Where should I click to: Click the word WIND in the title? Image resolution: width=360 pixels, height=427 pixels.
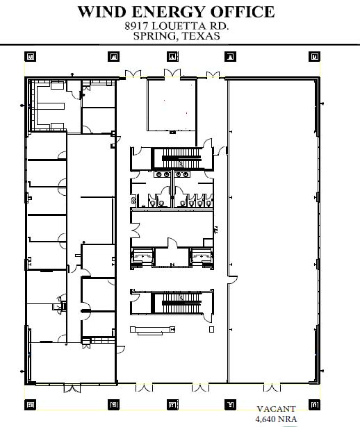click(102, 12)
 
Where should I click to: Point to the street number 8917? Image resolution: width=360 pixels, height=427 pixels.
click(136, 26)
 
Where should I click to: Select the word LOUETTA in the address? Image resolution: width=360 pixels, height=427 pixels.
click(176, 26)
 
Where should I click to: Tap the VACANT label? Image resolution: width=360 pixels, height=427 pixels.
click(276, 409)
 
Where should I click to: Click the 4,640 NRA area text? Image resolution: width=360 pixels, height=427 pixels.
click(276, 419)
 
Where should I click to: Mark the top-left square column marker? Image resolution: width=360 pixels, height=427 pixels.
click(31, 57)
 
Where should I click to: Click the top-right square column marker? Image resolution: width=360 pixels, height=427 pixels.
click(314, 57)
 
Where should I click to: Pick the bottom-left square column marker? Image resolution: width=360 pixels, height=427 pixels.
click(31, 405)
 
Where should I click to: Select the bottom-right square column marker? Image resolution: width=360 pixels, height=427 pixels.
click(314, 405)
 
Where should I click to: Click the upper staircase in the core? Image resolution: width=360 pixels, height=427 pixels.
click(181, 158)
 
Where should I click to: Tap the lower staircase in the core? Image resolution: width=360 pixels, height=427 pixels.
click(181, 303)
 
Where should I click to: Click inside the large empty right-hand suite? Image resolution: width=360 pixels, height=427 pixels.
click(272, 231)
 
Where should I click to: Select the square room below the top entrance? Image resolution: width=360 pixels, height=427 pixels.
click(172, 105)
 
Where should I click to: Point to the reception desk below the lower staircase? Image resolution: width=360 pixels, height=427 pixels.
click(152, 330)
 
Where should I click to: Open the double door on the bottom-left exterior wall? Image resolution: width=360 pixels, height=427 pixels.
click(72, 388)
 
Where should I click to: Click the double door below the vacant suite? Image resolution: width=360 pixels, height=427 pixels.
click(272, 387)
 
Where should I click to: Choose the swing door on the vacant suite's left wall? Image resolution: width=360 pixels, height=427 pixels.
click(232, 280)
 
